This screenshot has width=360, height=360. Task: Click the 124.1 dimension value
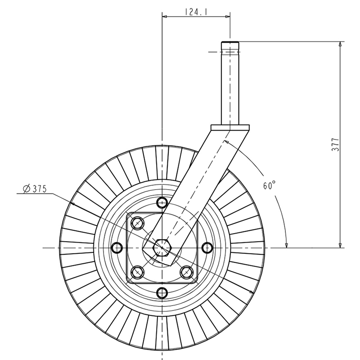point(196,12)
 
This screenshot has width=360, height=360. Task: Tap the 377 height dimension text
point(335,144)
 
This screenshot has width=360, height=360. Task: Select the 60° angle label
point(269,185)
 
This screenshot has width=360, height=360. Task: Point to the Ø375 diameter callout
point(35,189)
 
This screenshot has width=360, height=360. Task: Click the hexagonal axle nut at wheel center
point(162,248)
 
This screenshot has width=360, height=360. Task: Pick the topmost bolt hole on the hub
point(162,202)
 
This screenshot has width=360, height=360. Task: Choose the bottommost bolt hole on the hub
point(162,293)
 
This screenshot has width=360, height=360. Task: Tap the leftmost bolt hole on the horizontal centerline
point(117,248)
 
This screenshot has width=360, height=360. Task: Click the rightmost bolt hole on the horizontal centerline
point(207,248)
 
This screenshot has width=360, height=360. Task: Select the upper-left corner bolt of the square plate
point(137,223)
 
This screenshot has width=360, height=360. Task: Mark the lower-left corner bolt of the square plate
point(137,273)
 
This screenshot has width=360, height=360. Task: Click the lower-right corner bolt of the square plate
point(187,273)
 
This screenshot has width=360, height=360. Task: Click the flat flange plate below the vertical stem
point(230,127)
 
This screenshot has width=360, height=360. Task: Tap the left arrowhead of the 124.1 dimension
point(164,17)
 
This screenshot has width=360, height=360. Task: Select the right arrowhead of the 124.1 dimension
point(228,17)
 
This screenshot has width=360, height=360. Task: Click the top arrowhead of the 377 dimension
point(340,44)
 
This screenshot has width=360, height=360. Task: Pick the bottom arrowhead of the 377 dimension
point(340,245)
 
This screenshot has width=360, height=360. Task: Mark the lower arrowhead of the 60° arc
point(287,245)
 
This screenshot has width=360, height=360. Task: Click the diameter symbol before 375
point(27,189)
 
